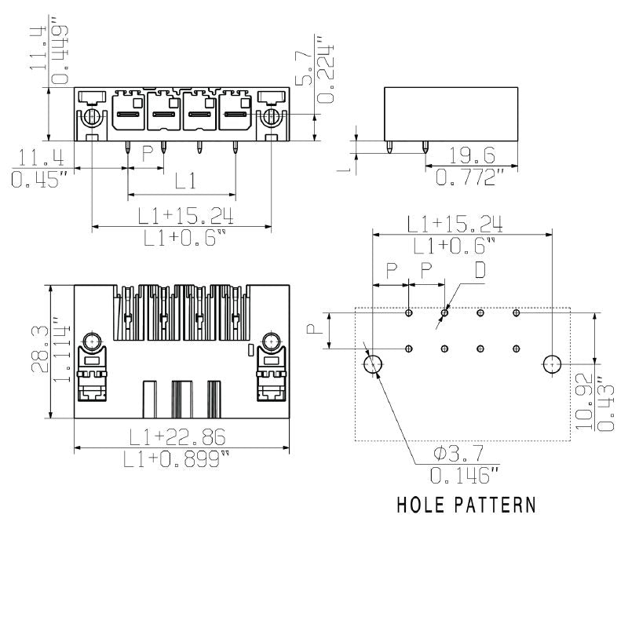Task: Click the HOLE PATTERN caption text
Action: pos(466,504)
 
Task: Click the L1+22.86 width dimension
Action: pos(182,436)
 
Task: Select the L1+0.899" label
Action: pos(182,461)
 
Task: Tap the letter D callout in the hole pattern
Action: pos(479,270)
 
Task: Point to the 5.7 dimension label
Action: pos(305,68)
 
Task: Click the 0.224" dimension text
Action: pos(326,68)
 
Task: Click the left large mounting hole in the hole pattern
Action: pos(373,363)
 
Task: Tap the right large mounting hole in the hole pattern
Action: pos(553,363)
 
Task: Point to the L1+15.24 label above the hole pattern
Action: pos(455,223)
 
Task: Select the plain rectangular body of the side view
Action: pos(451,114)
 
